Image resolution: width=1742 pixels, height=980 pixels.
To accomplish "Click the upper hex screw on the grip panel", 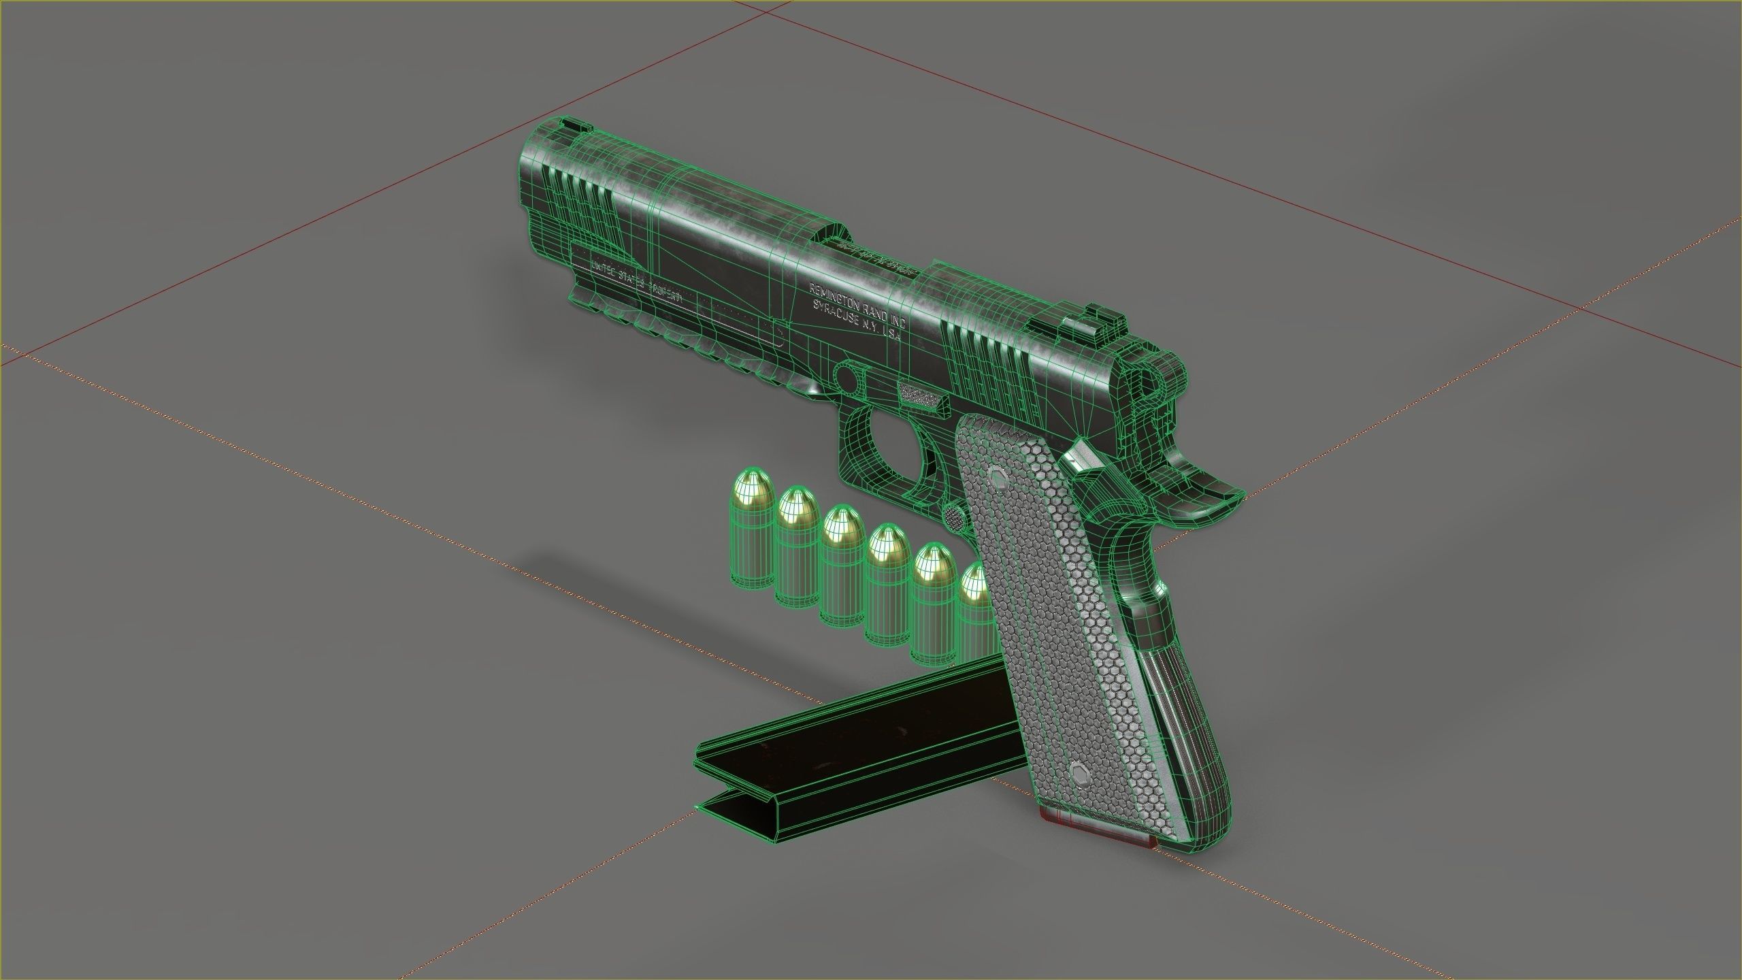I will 998,478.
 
